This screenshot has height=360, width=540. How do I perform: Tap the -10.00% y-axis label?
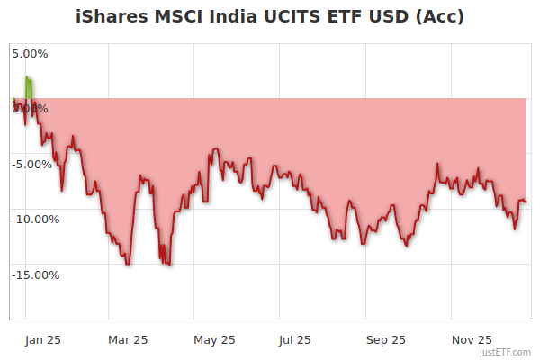(35, 219)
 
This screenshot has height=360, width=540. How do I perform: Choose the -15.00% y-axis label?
(35, 274)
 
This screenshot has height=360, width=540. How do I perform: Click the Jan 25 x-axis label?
(43, 339)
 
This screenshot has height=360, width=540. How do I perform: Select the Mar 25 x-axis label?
(128, 339)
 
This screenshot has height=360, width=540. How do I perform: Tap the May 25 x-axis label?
(214, 339)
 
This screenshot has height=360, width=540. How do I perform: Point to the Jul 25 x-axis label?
(295, 339)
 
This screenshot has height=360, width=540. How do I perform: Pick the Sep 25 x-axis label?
(385, 339)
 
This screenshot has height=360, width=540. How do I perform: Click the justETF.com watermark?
(506, 353)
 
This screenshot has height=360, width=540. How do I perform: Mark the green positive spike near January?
(29, 88)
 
